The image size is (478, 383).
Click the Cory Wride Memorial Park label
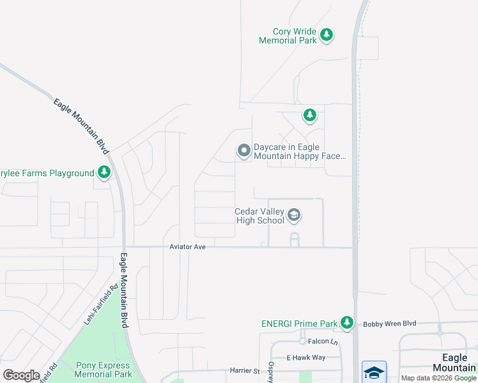pos(288,36)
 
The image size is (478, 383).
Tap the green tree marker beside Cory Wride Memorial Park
pos(327,34)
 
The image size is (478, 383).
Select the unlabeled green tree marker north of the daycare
pos(310,115)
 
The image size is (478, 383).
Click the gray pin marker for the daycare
pos(243,151)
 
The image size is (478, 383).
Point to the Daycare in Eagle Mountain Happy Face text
pos(300,151)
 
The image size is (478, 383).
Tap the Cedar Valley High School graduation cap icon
pos(294,215)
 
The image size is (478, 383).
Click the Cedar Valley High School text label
pos(259,216)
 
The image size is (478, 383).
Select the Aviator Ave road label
pos(187,246)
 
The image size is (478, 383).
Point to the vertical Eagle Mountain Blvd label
pos(124,291)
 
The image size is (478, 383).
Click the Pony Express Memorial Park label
pos(103,370)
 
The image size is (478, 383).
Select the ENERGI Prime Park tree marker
pos(347,323)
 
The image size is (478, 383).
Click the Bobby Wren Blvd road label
pos(389,324)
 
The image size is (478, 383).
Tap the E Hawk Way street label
pos(305,357)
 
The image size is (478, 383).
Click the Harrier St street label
pos(245,370)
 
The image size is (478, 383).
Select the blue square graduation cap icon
pos(374,372)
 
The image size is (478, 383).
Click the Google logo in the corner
pos(21,375)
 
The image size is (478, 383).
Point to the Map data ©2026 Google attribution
pos(438,378)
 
